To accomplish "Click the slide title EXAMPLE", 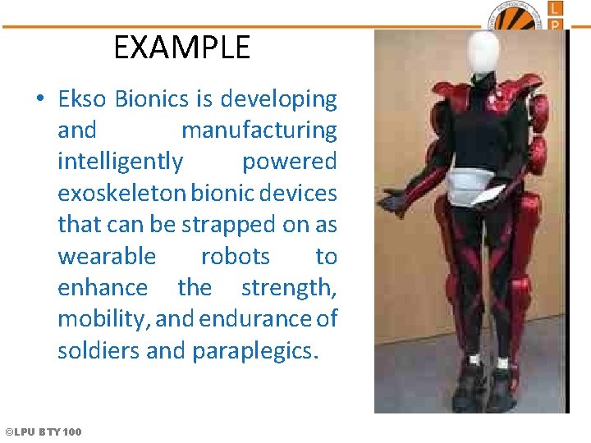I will click(x=181, y=48).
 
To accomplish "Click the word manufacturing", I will click(x=259, y=130).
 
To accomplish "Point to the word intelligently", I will click(x=121, y=162).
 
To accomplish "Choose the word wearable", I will click(x=107, y=256).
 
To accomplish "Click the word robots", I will click(x=235, y=256).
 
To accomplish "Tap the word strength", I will click(x=289, y=288).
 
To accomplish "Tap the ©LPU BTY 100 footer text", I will click(x=44, y=432).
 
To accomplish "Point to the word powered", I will click(x=289, y=162).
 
